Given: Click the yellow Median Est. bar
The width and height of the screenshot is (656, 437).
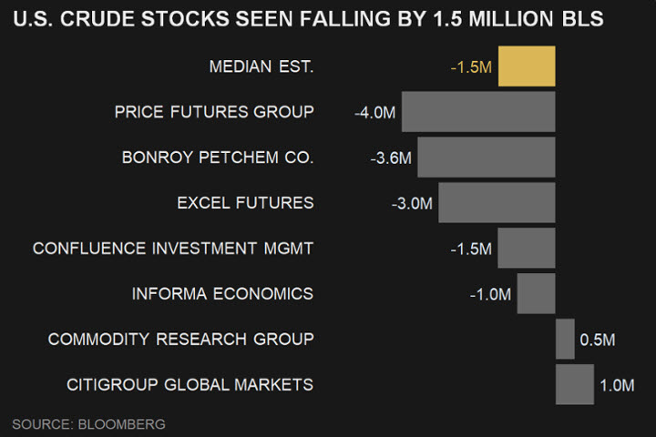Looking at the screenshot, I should pyautogui.click(x=527, y=66).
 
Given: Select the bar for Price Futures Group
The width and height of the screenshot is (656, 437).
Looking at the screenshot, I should pyautogui.click(x=478, y=112).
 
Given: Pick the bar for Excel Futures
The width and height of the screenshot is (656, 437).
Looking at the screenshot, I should pyautogui.click(x=497, y=202).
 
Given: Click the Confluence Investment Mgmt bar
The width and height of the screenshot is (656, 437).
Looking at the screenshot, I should pyautogui.click(x=527, y=248).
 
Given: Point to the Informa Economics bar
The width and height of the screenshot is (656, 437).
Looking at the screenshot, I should pyautogui.click(x=536, y=293).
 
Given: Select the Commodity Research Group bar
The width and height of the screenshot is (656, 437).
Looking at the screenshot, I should pyautogui.click(x=565, y=339).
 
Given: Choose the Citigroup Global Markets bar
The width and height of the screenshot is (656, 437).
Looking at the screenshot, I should pyautogui.click(x=574, y=384).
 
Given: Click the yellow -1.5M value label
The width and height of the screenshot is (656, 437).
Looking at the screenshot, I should pyautogui.click(x=471, y=67).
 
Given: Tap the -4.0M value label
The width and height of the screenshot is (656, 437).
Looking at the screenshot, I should pyautogui.click(x=375, y=113).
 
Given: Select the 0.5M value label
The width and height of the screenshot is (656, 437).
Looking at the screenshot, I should pyautogui.click(x=598, y=340).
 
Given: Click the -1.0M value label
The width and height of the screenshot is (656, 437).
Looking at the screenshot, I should pyautogui.click(x=491, y=294).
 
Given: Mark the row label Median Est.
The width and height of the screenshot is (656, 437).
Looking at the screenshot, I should pyautogui.click(x=261, y=66).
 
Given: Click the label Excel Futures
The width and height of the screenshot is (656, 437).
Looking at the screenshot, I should pyautogui.click(x=245, y=202).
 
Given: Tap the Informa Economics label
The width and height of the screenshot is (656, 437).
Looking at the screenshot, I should pyautogui.click(x=222, y=293).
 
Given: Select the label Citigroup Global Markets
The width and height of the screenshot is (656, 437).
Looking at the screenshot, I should pyautogui.click(x=190, y=384).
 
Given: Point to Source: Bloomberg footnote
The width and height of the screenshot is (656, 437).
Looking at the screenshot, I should pyautogui.click(x=88, y=424).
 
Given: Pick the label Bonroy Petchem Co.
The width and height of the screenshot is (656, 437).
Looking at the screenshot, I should pyautogui.click(x=218, y=158).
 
